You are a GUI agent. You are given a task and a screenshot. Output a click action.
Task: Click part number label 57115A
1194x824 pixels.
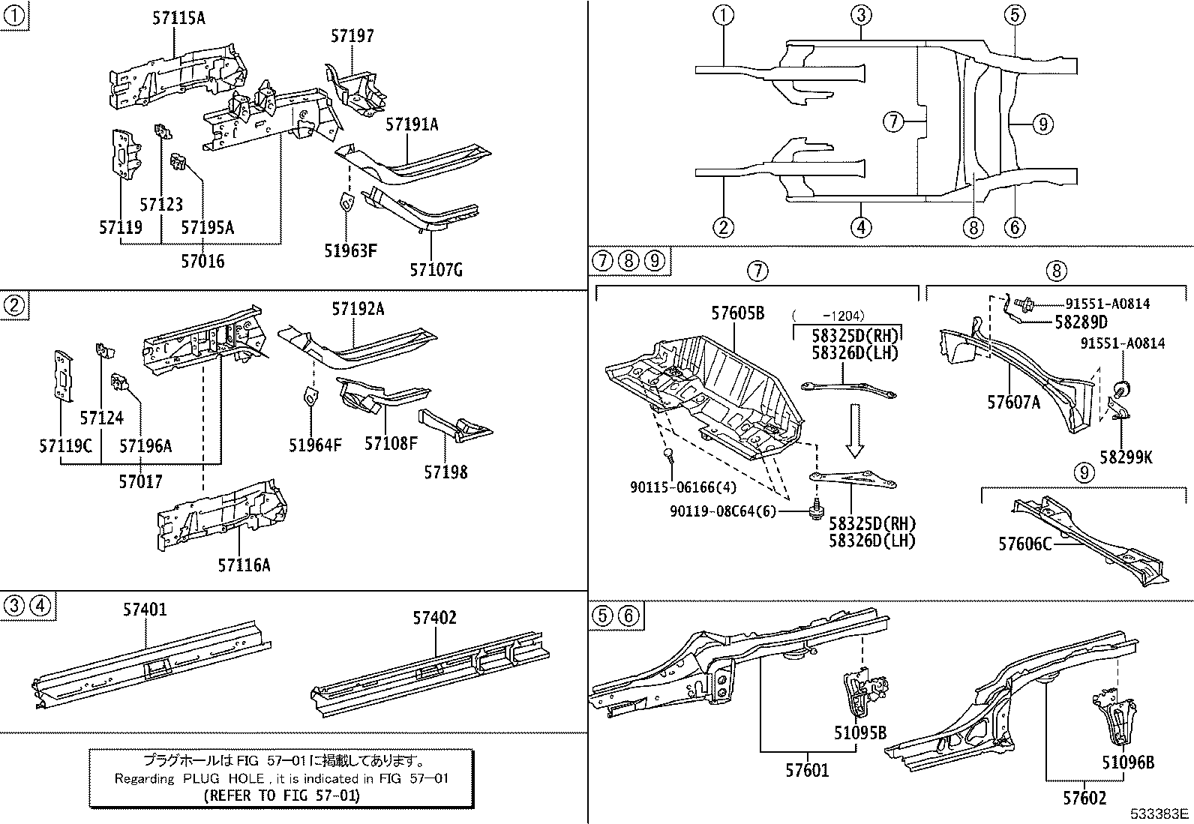[x=178, y=18]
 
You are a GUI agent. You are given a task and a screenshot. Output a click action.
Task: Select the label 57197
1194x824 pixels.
[x=352, y=36]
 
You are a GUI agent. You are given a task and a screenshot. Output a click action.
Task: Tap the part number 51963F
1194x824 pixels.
[x=350, y=250]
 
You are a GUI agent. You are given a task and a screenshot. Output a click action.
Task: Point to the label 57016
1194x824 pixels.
[x=202, y=261]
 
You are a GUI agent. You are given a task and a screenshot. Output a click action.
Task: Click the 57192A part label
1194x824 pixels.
[x=358, y=309]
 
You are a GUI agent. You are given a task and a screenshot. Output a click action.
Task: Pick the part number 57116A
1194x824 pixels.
[x=244, y=565]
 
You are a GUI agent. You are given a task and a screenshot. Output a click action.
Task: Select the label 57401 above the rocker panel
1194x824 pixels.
[x=145, y=610]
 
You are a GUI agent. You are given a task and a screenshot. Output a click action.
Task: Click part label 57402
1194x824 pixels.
[x=434, y=618]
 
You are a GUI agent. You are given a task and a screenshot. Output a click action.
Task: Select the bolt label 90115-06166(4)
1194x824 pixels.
[x=682, y=487]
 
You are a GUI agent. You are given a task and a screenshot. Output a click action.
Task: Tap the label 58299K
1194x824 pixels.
[x=1126, y=456]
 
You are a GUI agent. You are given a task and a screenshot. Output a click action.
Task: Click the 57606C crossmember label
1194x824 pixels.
[x=1024, y=543]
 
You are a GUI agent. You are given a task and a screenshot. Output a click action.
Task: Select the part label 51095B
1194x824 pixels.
[x=859, y=733]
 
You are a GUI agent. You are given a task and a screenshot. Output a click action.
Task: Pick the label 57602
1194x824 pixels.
[x=1084, y=799]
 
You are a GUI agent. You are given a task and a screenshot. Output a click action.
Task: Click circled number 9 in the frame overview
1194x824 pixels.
[x=1042, y=124]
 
